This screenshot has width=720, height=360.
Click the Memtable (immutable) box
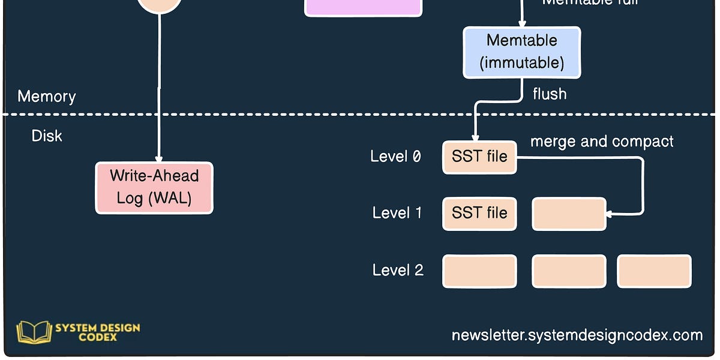pos(521,52)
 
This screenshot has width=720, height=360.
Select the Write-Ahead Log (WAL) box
pos(154,187)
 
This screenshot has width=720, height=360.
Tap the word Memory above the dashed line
pos(47,96)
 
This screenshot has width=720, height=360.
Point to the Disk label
pos(47,136)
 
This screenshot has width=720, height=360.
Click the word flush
pos(549,94)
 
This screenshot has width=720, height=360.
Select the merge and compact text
pos(602,142)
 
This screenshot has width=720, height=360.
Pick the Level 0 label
pos(395,157)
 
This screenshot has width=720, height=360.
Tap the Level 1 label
pos(397,213)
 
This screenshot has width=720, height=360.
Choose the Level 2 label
pos(398,270)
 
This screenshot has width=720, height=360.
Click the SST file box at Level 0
pos(479,157)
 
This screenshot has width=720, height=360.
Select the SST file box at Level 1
pos(479,214)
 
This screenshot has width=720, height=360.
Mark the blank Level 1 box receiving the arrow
pos(569,214)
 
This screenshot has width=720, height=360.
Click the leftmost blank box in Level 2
pos(479,271)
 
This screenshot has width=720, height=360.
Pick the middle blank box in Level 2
pos(569,271)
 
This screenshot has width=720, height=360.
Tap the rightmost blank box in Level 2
pos(654,271)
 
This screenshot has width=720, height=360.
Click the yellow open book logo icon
pos(34,332)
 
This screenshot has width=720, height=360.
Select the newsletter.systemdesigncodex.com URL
pos(577,335)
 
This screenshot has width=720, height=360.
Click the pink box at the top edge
pos(363,7)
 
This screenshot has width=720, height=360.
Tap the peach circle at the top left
pos(159,5)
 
